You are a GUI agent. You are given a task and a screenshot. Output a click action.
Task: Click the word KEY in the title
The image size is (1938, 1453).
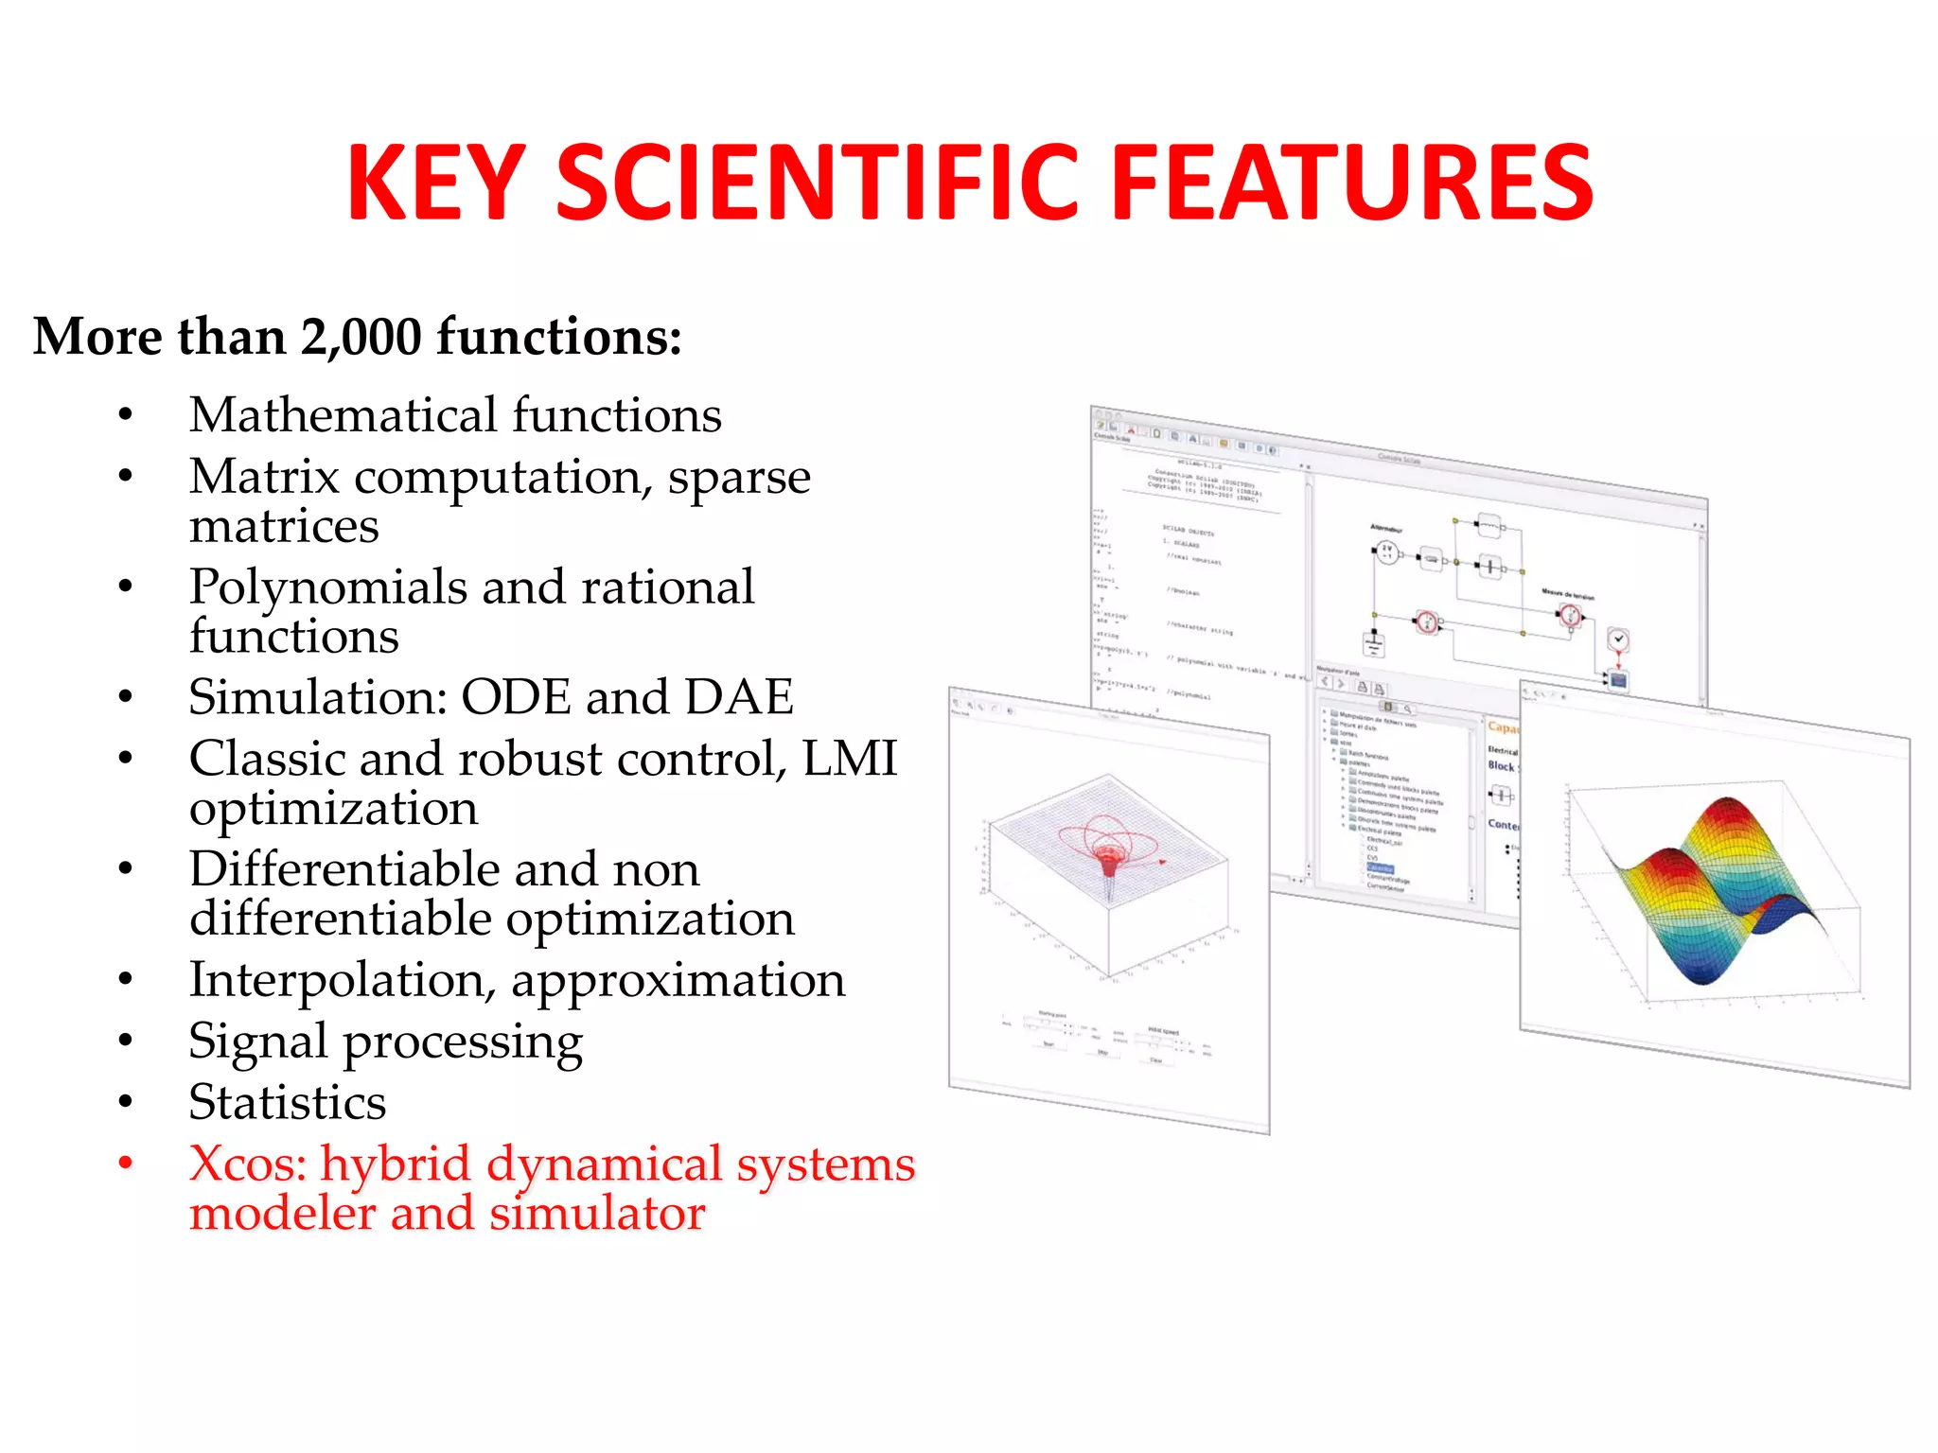pos(436,184)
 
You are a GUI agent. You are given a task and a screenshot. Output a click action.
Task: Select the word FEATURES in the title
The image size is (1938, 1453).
pos(1352,184)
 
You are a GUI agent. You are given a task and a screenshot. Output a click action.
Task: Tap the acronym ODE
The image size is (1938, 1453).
pos(516,697)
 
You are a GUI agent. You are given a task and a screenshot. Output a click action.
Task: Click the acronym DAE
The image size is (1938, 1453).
pos(738,697)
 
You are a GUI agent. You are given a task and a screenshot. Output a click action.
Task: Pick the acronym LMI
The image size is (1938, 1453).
pos(849,759)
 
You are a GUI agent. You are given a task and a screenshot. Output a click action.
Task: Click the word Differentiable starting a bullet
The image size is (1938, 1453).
pos(344,868)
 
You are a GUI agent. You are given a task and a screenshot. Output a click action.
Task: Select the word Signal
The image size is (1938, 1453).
pos(257,1042)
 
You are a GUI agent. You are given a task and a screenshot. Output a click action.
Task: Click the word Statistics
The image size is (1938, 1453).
pos(288,1102)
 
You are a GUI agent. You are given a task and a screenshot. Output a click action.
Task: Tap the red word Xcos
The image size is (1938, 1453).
pos(247,1164)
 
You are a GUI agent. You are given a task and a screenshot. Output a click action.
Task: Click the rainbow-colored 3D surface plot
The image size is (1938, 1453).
pos(1713,889)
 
